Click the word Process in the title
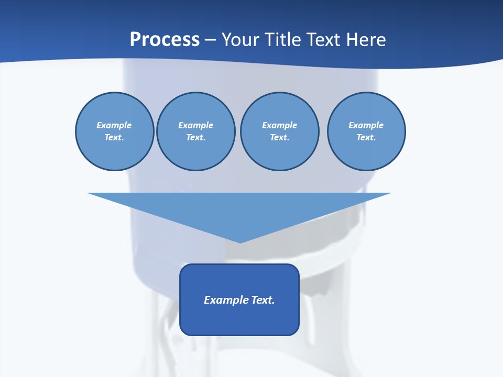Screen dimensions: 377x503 pyautogui.click(x=165, y=40)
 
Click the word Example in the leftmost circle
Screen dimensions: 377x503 pyautogui.click(x=114, y=125)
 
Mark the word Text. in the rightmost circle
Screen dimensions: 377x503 pyautogui.click(x=366, y=138)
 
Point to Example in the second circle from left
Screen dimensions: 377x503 pyautogui.click(x=195, y=125)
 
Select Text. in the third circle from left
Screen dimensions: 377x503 pyautogui.click(x=279, y=138)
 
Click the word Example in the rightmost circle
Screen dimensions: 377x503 pyautogui.click(x=366, y=125)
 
